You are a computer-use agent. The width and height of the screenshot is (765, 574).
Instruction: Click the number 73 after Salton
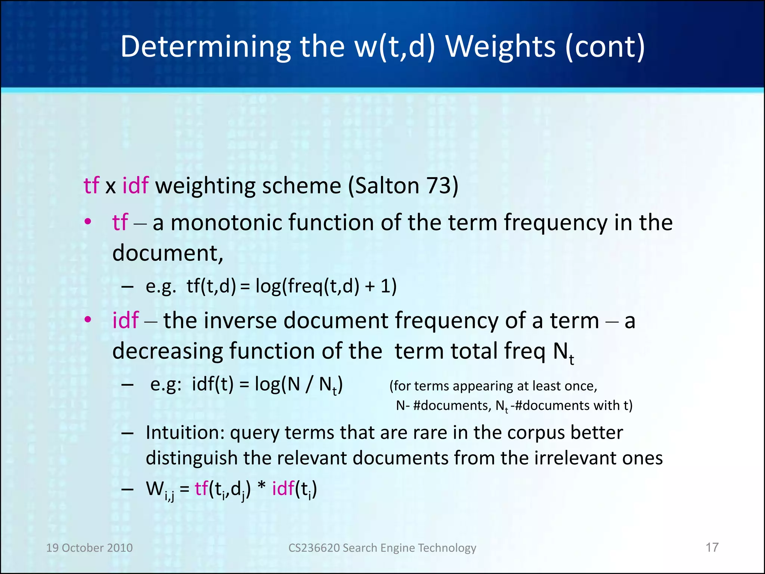point(437,185)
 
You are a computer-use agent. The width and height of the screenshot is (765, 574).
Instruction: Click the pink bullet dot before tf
point(88,222)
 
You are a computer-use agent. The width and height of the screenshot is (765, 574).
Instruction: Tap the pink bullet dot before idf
point(88,320)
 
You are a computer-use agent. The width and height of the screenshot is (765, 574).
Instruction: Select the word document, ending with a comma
point(168,253)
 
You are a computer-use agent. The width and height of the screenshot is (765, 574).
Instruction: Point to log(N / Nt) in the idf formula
point(298,385)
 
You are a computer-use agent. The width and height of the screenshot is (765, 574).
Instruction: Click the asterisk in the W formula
point(261,488)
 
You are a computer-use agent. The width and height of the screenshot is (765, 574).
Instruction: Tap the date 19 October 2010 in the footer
point(89,548)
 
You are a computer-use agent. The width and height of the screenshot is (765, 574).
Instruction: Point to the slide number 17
point(712,547)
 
